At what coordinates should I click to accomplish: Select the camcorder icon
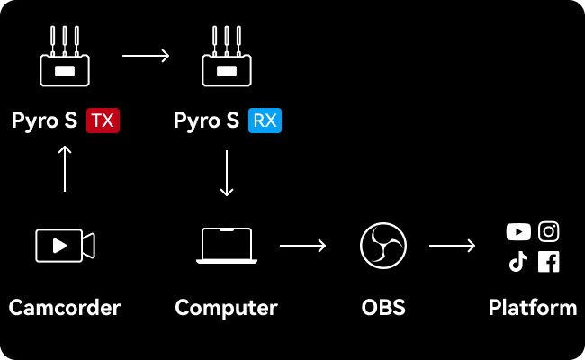pos(65,245)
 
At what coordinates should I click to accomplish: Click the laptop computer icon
pos(227,245)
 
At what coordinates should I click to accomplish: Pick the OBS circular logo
pos(383,245)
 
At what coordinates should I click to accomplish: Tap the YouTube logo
pos(518,232)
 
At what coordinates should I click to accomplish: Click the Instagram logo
pos(549,231)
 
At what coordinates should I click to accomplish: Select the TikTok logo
pos(518,262)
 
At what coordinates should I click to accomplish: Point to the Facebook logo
pos(549,262)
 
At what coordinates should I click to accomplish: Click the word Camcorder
pos(65,308)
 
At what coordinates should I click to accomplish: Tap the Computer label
pos(227,308)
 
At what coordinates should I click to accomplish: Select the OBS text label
pos(383,308)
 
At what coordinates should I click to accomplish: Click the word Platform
pos(533,308)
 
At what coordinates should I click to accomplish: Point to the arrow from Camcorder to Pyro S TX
pos(65,168)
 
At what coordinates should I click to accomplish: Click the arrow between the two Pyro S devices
pos(146,56)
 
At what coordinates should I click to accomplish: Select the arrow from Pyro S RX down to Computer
pos(227,173)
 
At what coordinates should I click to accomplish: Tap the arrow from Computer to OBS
pos(303,245)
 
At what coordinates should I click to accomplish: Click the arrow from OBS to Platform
pos(453,245)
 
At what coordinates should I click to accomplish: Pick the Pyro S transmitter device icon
pos(65,59)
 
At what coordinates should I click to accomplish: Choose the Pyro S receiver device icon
pos(227,59)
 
